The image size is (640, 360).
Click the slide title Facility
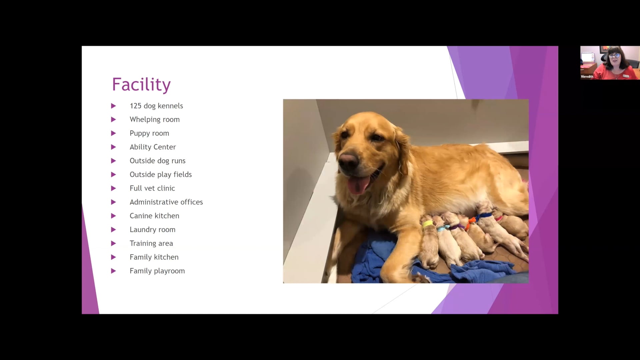point(141,84)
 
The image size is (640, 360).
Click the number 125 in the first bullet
point(135,106)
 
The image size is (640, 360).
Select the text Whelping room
point(155,120)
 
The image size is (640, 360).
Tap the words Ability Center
point(153,147)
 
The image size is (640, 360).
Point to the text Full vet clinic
point(152,188)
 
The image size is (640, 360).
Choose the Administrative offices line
point(166,202)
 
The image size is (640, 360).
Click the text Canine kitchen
point(154,216)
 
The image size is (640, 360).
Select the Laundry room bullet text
point(152,230)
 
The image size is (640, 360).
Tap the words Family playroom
point(157,271)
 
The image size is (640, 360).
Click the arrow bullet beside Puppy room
point(113,133)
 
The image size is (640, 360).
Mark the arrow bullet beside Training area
point(113,243)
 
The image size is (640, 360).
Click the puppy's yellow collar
point(428,224)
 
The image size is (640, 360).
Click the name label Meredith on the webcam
point(587,77)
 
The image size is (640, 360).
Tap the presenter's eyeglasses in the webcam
point(614,56)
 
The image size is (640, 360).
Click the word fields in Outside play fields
point(183,175)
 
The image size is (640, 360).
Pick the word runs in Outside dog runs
point(178,161)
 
